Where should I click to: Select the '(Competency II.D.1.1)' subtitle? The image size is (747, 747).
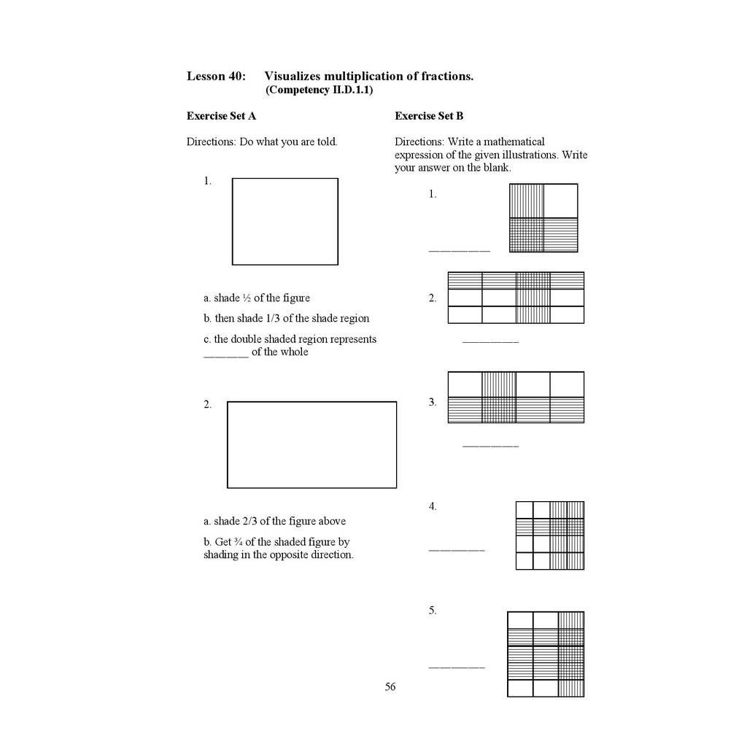[x=320, y=90]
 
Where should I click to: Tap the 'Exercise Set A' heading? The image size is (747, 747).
[x=221, y=116]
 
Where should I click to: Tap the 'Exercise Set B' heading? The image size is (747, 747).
[x=429, y=116]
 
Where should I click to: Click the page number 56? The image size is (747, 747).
[x=390, y=686]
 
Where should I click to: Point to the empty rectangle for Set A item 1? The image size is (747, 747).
[x=285, y=221]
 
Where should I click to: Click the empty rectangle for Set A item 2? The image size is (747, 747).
[x=311, y=444]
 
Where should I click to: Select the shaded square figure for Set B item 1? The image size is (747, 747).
[x=543, y=218]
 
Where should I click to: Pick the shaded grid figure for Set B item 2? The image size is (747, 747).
[x=516, y=298]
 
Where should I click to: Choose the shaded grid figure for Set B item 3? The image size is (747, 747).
[x=516, y=398]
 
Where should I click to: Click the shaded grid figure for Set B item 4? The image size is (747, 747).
[x=550, y=535]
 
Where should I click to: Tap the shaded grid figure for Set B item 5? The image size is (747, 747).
[x=546, y=654]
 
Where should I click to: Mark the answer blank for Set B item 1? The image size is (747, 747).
[x=460, y=251]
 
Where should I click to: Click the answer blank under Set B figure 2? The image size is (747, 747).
[x=490, y=341]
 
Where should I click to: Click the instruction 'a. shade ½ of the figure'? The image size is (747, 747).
[x=257, y=298]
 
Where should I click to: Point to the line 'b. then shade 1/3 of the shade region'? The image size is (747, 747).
[x=287, y=318]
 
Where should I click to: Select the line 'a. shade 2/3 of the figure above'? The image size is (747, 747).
[x=275, y=521]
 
